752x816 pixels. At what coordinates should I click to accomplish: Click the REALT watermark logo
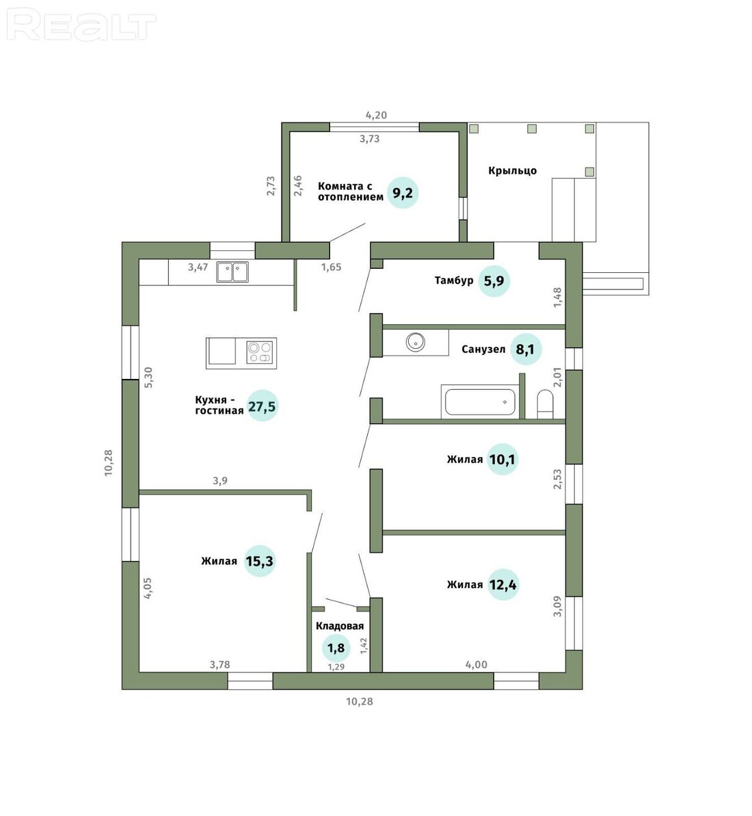coord(83,26)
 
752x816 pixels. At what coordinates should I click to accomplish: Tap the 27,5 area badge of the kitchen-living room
coord(262,406)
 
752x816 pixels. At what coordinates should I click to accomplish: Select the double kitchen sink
coord(232,272)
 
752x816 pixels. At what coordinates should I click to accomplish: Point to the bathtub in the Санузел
coord(479,402)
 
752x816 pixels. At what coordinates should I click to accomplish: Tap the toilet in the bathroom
coord(545,404)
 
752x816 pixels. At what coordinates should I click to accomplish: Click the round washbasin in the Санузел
coord(416,342)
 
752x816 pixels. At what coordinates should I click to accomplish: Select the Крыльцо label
coord(512,171)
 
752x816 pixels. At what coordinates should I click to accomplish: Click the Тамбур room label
coord(454,280)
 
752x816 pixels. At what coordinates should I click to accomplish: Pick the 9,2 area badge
coord(403,193)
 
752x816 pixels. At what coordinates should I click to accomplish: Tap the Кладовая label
coord(340,626)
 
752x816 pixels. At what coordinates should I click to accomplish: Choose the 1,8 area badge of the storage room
coord(336,648)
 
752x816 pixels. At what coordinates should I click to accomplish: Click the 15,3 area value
coord(260,561)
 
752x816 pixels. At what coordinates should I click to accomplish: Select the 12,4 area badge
coord(503,584)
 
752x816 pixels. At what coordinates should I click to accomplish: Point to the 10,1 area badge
coord(502,459)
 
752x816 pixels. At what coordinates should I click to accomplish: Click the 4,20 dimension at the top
coord(376,115)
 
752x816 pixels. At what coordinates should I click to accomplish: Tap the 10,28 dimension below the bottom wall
coord(360,702)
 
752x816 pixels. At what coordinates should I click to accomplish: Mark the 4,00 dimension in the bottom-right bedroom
coord(476,665)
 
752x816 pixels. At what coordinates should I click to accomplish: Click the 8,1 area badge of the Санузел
coord(525,349)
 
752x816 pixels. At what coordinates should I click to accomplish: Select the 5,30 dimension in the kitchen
coord(149,378)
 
